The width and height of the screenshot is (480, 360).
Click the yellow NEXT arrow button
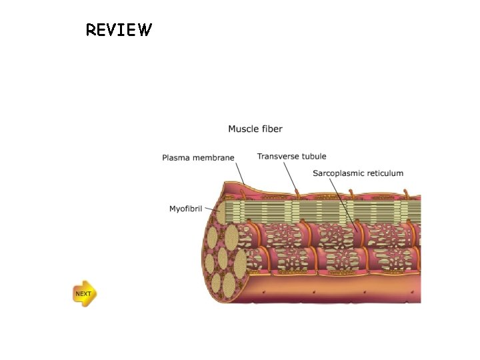(x=84, y=293)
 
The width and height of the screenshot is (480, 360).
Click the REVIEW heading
(x=119, y=30)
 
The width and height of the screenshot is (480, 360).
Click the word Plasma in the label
(x=177, y=158)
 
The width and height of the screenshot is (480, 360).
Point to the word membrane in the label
(x=213, y=158)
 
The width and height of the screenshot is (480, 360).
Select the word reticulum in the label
(x=384, y=173)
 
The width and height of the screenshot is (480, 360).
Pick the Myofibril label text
(x=186, y=209)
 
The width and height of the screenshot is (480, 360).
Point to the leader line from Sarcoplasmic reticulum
(x=341, y=203)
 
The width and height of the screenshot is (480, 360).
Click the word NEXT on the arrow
(x=83, y=293)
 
